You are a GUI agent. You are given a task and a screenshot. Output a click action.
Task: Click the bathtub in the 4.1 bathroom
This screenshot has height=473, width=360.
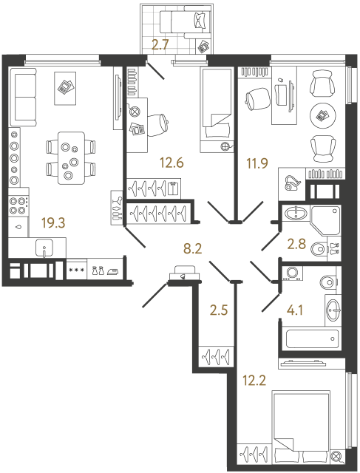[313, 341]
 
